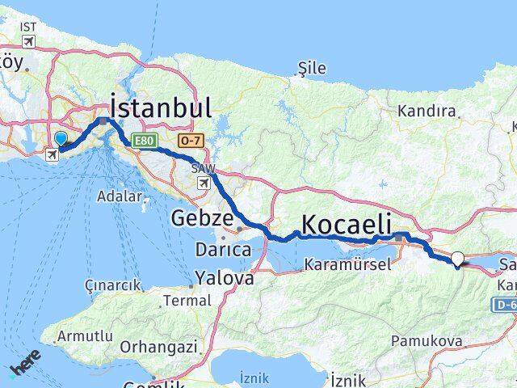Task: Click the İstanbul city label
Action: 161,108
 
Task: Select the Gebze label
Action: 203,218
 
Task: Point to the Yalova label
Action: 224,278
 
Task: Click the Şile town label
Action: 310,70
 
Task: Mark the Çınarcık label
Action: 114,285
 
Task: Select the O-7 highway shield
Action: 191,141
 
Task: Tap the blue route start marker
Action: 61,140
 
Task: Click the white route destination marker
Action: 458,259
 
